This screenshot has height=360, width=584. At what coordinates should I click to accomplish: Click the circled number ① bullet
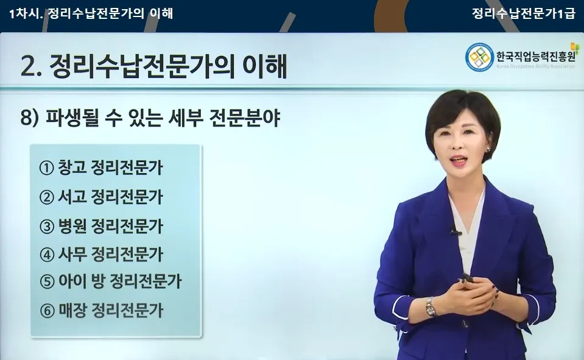coord(47,169)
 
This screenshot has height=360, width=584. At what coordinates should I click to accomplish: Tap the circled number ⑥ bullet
coord(47,311)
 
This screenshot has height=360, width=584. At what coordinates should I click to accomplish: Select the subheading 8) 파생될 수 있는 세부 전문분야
coord(150,118)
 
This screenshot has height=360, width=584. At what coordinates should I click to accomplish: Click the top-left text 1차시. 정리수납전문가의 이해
coord(91,13)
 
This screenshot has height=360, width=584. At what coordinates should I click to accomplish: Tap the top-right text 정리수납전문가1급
coord(523,13)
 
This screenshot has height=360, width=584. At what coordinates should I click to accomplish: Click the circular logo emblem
coord(479,58)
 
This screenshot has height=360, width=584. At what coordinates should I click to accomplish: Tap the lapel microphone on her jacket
coord(454,231)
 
